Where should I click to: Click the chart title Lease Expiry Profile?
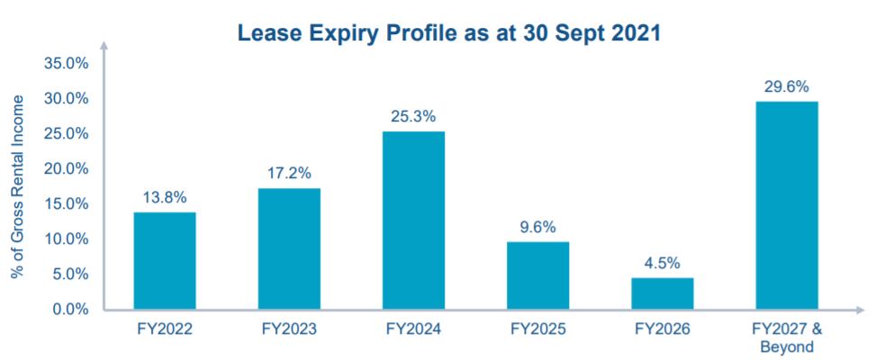pyautogui.click(x=447, y=34)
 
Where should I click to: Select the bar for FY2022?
pyautogui.click(x=165, y=261)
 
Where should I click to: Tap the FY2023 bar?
pyautogui.click(x=289, y=248)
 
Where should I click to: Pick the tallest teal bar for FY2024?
pyautogui.click(x=413, y=220)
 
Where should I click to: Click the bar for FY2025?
pyautogui.click(x=537, y=275)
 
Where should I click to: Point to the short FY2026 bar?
pyautogui.click(x=662, y=293)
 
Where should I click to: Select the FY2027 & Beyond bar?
pyautogui.click(x=787, y=205)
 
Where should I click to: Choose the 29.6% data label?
pyautogui.click(x=787, y=86)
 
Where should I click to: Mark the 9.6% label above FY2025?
pyautogui.click(x=537, y=227)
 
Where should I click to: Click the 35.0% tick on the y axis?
pyautogui.click(x=64, y=64)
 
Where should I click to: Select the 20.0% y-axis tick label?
pyautogui.click(x=64, y=169)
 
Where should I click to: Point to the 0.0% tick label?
pyautogui.click(x=68, y=310)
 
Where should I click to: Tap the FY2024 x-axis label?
pyautogui.click(x=413, y=329)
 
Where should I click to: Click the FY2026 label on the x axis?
pyautogui.click(x=662, y=329)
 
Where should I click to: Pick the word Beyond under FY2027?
pyautogui.click(x=787, y=346)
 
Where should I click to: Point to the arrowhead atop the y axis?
pyautogui.click(x=104, y=45)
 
